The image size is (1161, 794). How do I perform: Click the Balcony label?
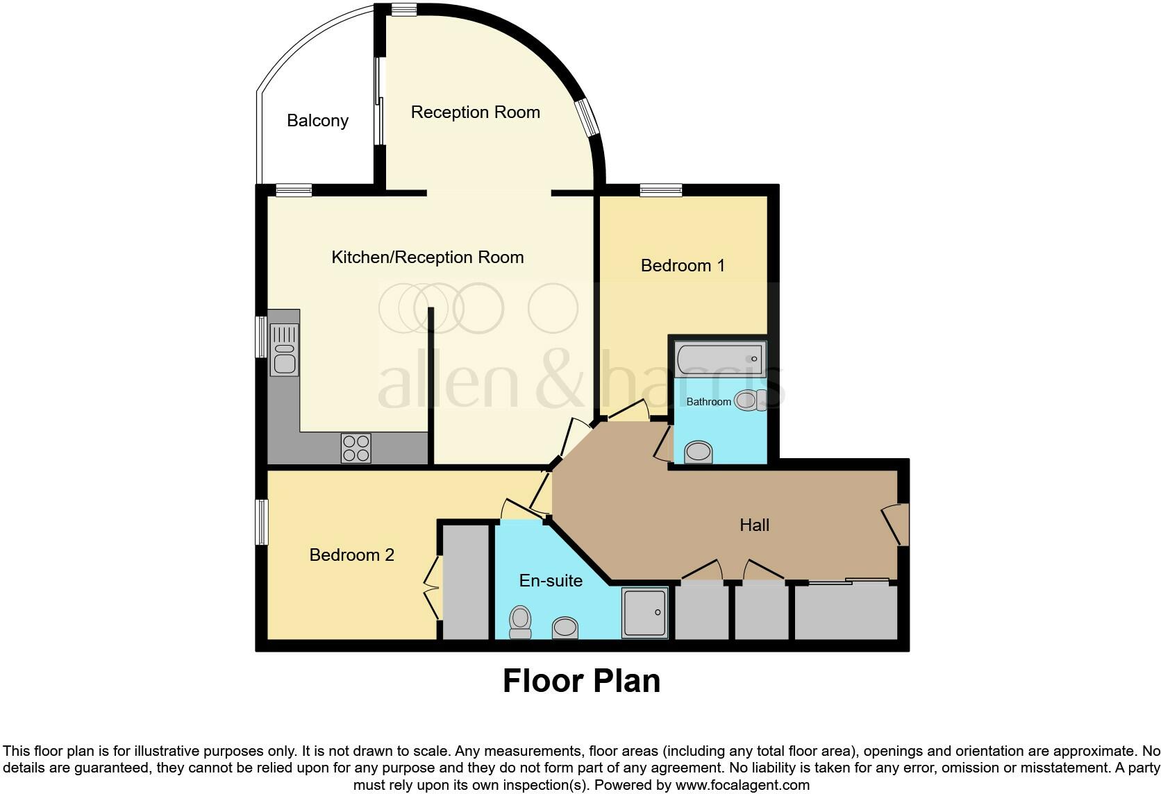point(317,121)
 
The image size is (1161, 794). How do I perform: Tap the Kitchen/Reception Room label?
point(427,257)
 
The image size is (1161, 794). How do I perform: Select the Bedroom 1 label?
point(683,266)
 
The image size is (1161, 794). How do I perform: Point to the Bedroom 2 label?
point(351,555)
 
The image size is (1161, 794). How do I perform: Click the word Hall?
point(754,525)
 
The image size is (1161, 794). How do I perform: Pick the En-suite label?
point(551,581)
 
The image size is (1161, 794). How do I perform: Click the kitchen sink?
point(285,350)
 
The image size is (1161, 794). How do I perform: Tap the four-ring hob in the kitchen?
point(356,448)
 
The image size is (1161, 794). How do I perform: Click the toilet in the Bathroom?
point(751,400)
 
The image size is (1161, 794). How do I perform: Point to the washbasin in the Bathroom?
point(699,453)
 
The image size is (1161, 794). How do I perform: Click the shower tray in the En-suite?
point(644,612)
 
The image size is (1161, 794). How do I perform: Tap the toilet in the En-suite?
point(520,621)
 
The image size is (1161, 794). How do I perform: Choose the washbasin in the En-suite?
point(565,628)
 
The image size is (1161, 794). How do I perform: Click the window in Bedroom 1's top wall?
point(660,189)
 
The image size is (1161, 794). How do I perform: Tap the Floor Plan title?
point(581,681)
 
